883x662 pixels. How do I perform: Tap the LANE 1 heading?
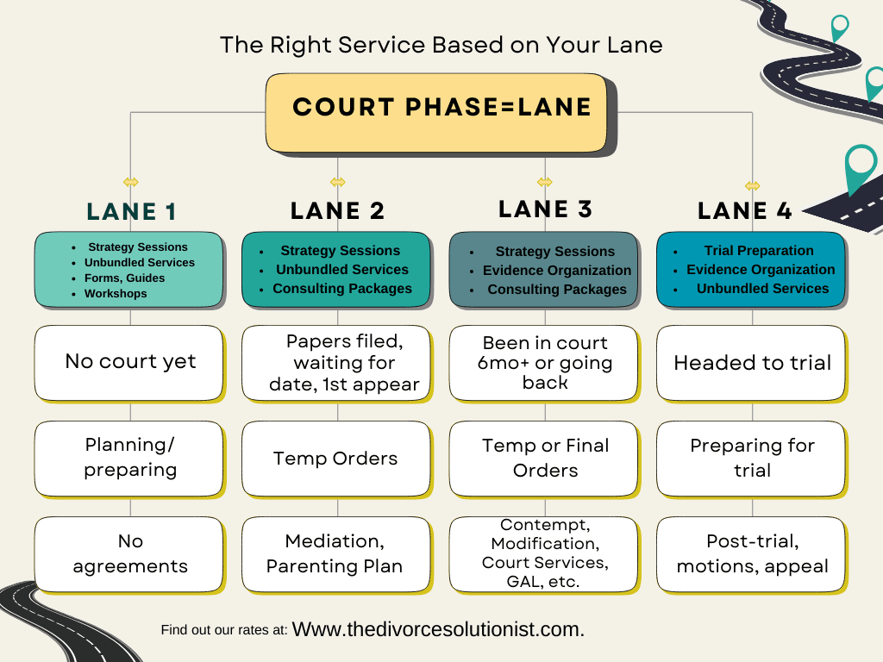(131, 212)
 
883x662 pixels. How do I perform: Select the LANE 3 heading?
(545, 209)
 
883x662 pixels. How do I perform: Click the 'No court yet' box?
(130, 361)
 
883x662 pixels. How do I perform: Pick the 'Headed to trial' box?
(751, 363)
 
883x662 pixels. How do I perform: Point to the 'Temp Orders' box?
(335, 458)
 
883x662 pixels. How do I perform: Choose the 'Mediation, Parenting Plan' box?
(335, 553)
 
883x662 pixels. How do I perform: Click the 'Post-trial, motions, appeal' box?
(751, 553)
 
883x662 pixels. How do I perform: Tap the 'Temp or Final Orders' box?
(544, 458)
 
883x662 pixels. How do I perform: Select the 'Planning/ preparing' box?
(130, 458)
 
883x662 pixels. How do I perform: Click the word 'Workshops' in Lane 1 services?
(116, 294)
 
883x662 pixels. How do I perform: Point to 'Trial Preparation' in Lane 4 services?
(759, 251)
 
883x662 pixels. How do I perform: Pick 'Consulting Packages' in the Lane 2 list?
(342, 289)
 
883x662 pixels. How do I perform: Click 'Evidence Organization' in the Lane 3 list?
(556, 271)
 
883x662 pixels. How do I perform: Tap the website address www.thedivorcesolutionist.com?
(438, 629)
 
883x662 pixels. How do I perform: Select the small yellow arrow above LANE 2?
(337, 182)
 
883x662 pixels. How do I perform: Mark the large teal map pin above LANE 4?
(860, 168)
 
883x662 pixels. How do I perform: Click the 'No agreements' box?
(130, 553)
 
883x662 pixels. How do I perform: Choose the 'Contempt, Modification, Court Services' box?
(544, 553)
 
